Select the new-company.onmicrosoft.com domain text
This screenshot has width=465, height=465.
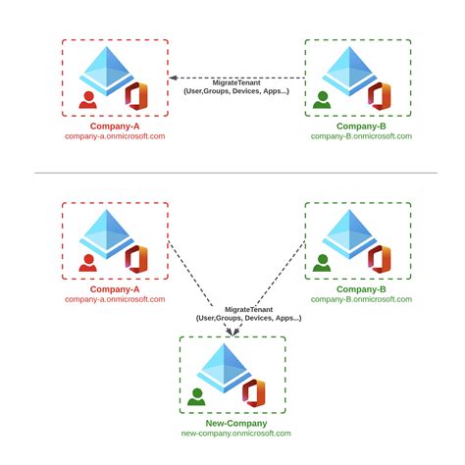tap(235, 433)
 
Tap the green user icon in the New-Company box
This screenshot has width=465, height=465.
tap(197, 396)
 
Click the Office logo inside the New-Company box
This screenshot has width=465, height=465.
tap(254, 392)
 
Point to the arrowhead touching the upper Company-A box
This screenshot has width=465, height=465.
tap(173, 77)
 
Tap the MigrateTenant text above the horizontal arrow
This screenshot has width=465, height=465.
tap(235, 82)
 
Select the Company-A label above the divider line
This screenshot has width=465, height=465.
tap(115, 125)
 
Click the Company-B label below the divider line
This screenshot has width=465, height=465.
tap(360, 288)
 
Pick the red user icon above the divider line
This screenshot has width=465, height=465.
tap(88, 99)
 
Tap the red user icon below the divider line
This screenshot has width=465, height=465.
tap(88, 262)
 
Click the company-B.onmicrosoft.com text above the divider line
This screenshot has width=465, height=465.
tap(360, 136)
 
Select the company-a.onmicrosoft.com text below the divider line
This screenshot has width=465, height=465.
tap(115, 300)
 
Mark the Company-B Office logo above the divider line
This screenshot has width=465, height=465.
tap(380, 96)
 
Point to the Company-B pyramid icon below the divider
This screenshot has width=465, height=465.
tap(351, 233)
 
